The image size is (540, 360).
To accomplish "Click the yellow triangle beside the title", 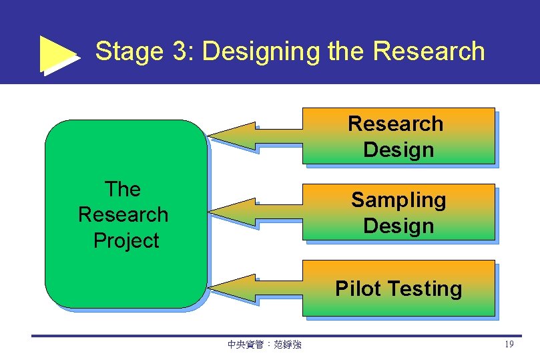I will click(x=57, y=53).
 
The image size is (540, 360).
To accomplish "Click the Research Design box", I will click(x=398, y=136).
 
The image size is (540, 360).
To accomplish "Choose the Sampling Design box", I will click(x=398, y=212).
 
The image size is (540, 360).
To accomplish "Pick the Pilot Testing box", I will click(x=398, y=289).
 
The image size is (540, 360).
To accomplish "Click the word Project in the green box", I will click(x=126, y=240).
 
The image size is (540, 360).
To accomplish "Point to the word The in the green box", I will click(x=123, y=189).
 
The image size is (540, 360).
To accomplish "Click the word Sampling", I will click(x=398, y=200).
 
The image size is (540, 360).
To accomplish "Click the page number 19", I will click(x=509, y=345).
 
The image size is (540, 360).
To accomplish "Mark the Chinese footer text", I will click(x=264, y=345).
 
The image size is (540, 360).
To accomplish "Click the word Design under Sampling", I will click(x=398, y=226).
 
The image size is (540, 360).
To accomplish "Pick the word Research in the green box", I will click(x=123, y=214).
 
